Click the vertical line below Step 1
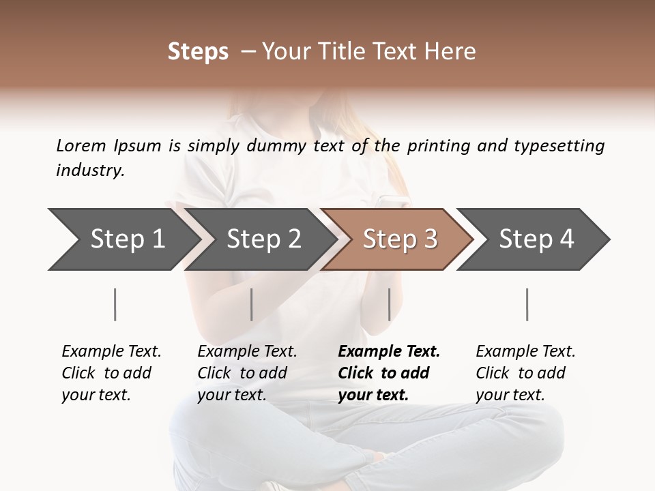point(115,304)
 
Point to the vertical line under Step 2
point(252,304)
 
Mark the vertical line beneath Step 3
point(389,304)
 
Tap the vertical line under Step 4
point(527,304)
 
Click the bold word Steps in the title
point(198,52)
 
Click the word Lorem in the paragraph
point(81,145)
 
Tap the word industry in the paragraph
point(89,170)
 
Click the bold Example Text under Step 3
point(389,351)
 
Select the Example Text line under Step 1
point(111,351)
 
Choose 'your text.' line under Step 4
point(510,395)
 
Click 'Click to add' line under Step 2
point(242,373)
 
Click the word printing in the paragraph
point(437,146)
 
